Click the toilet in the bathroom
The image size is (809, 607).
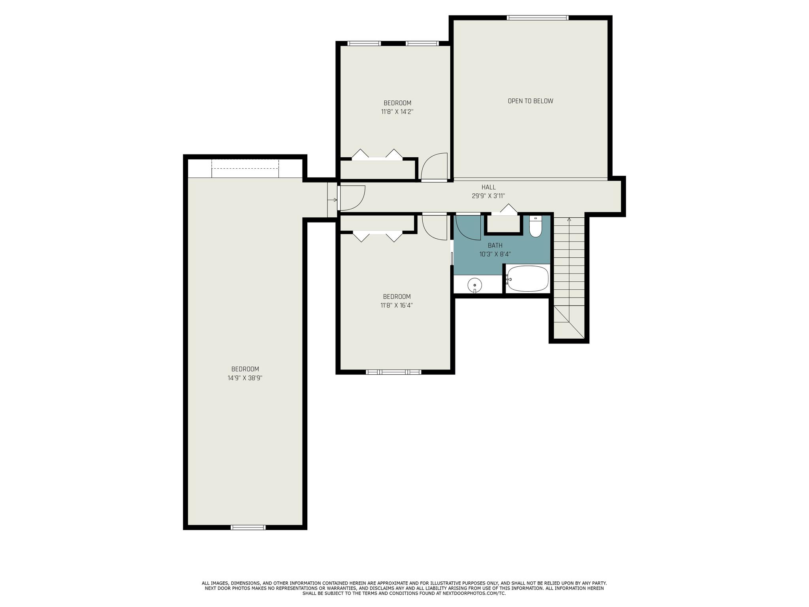point(535,226)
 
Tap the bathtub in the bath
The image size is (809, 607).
point(528,279)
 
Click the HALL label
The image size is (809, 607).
point(488,187)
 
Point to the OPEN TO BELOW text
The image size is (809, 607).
point(530,101)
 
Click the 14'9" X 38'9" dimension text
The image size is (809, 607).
point(245,378)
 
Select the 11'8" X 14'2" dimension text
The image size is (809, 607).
point(397,112)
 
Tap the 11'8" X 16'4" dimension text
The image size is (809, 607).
point(397,305)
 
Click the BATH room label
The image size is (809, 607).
point(495,245)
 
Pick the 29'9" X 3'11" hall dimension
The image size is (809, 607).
point(488,196)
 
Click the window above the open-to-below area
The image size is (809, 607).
point(538,18)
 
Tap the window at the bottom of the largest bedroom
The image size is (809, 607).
point(248,527)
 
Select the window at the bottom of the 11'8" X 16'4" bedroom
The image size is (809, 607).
point(393,372)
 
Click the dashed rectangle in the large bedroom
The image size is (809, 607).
point(245,168)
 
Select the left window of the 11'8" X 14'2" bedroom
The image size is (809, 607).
point(364,43)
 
